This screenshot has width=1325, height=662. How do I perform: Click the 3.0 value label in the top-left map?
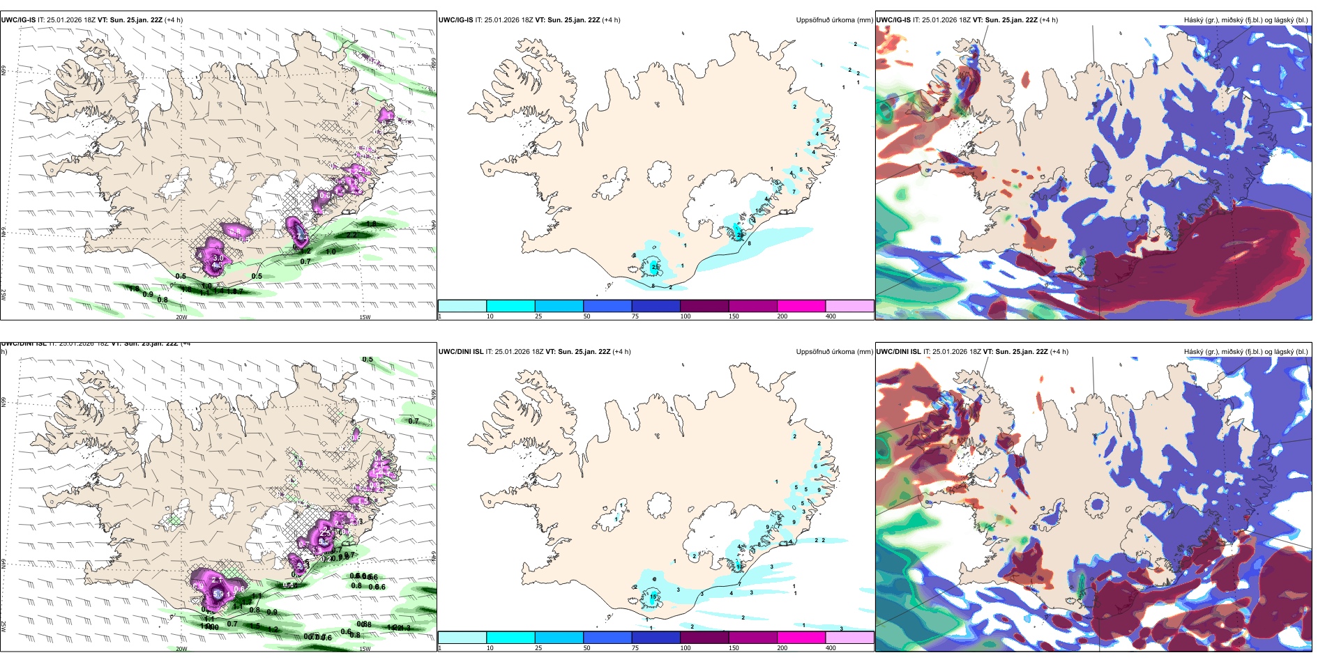pyautogui.click(x=218, y=259)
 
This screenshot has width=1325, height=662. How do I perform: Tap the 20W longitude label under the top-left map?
pyautogui.click(x=181, y=317)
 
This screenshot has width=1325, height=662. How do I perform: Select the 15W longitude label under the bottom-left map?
pyautogui.click(x=365, y=649)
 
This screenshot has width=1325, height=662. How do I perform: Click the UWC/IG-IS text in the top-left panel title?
pyautogui.click(x=18, y=20)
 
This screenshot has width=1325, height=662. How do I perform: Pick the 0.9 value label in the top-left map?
pyautogui.click(x=148, y=295)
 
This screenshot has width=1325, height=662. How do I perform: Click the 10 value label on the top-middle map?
pyautogui.click(x=759, y=210)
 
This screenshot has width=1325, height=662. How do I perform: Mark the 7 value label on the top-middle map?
pyautogui.click(x=794, y=192)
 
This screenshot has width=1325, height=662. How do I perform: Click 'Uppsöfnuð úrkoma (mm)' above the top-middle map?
pyautogui.click(x=834, y=20)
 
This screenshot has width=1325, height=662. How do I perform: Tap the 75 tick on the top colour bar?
pyautogui.click(x=635, y=316)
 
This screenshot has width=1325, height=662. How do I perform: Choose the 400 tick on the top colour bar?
pyautogui.click(x=831, y=316)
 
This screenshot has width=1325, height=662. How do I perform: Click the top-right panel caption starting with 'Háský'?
pyautogui.click(x=1245, y=20)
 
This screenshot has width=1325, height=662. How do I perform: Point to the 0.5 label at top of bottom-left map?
pyautogui.click(x=368, y=360)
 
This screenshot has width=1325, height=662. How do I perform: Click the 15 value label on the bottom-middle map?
pyautogui.click(x=653, y=597)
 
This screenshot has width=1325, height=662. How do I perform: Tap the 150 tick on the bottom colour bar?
pyautogui.click(x=734, y=648)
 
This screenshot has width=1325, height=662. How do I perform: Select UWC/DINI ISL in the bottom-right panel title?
pyautogui.click(x=898, y=352)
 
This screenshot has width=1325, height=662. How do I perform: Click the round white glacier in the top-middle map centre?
pyautogui.click(x=659, y=173)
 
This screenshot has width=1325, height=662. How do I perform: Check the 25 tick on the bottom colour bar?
pyautogui.click(x=538, y=648)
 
